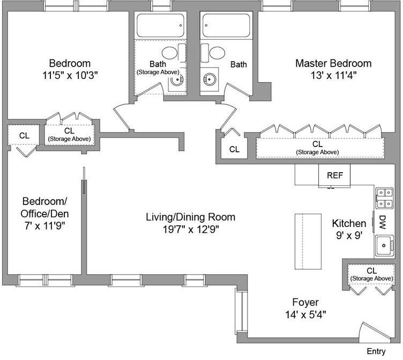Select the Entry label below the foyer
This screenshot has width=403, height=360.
[376, 351]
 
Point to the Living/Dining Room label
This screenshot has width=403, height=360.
[190, 217]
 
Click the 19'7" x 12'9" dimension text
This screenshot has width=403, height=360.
[190, 230]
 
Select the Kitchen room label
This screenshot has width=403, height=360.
[349, 223]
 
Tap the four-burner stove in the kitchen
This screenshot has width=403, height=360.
[384, 198]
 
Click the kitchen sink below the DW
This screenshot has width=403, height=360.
[384, 247]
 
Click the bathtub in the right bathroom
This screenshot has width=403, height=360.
[226, 25]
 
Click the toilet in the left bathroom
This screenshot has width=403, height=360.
[170, 53]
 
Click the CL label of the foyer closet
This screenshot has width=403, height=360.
[372, 270]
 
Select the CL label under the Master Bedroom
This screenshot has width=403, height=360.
[317, 144]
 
